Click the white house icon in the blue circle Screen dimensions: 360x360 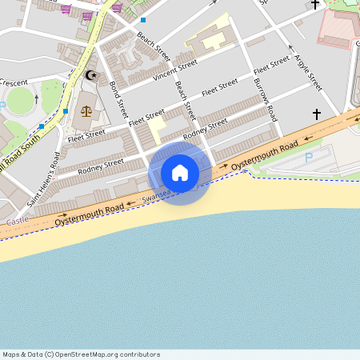tap(180, 173)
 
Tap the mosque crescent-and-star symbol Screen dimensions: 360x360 tap(90, 76)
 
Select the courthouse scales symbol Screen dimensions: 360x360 tap(86, 110)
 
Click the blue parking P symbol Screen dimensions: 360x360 tap(309, 158)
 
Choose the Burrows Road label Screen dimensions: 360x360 tap(265, 99)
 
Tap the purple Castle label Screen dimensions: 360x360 tap(17, 220)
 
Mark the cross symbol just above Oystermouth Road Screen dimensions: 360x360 tap(316, 114)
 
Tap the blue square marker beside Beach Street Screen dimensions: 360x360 tap(143, 19)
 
